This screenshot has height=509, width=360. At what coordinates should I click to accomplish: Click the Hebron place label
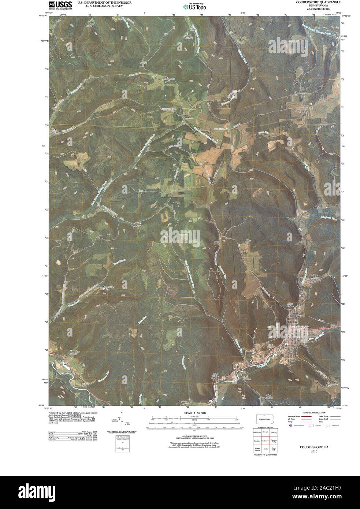(x=189, y=117)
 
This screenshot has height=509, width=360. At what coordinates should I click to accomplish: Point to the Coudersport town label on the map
(x=299, y=326)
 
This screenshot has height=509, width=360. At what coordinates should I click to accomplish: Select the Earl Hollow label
(x=248, y=377)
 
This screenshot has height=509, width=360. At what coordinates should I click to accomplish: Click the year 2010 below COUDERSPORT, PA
(x=313, y=452)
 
